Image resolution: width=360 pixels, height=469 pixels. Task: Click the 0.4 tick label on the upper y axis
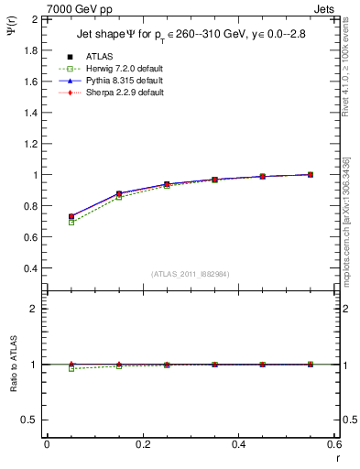coord(30,268)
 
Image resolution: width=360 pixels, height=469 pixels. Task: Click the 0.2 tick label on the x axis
coord(142,443)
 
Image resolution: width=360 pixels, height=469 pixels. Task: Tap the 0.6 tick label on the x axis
coord(333,443)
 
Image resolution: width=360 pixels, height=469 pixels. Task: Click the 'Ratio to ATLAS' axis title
coord(13,365)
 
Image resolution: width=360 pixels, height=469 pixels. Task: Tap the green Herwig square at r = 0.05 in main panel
coord(71,222)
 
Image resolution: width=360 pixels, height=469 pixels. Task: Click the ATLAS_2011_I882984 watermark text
coord(190,274)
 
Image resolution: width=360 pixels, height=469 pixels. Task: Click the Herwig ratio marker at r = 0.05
coord(71,368)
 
